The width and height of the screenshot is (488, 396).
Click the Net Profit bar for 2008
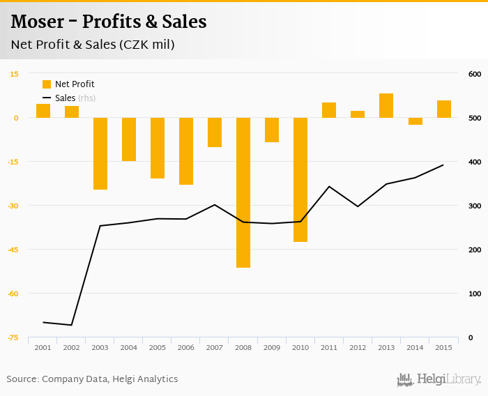pyautogui.click(x=243, y=192)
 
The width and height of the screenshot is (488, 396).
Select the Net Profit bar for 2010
pyautogui.click(x=300, y=180)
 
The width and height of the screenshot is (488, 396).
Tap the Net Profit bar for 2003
pyautogui.click(x=100, y=153)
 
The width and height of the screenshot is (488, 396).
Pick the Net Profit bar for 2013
pyautogui.click(x=386, y=105)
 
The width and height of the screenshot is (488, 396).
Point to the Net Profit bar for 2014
pyautogui.click(x=415, y=121)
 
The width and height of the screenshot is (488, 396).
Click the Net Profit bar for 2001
pyautogui.click(x=43, y=111)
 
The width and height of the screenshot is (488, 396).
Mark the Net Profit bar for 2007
pyautogui.click(x=215, y=132)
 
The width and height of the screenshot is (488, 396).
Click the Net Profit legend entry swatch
pyautogui.click(x=47, y=84)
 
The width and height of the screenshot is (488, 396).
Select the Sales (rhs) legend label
pyautogui.click(x=75, y=98)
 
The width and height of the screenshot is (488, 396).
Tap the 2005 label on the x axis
pyautogui.click(x=158, y=347)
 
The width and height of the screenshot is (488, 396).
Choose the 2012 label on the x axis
pyautogui.click(x=358, y=347)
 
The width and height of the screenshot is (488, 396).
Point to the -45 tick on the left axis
pyautogui.click(x=14, y=250)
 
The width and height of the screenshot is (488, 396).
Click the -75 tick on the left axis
pyautogui.click(x=14, y=337)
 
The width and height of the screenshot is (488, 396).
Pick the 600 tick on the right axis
pyautogui.click(x=475, y=74)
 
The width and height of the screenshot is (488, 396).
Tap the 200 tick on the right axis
pyautogui.click(x=475, y=250)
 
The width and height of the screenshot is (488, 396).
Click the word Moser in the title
pyautogui.click(x=38, y=22)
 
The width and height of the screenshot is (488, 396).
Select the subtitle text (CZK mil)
pyautogui.click(x=146, y=45)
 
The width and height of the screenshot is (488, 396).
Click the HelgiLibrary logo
pyautogui.click(x=439, y=379)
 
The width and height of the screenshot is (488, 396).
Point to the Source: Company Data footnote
pyautogui.click(x=92, y=379)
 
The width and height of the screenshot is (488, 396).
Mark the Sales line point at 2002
pyautogui.click(x=72, y=325)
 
